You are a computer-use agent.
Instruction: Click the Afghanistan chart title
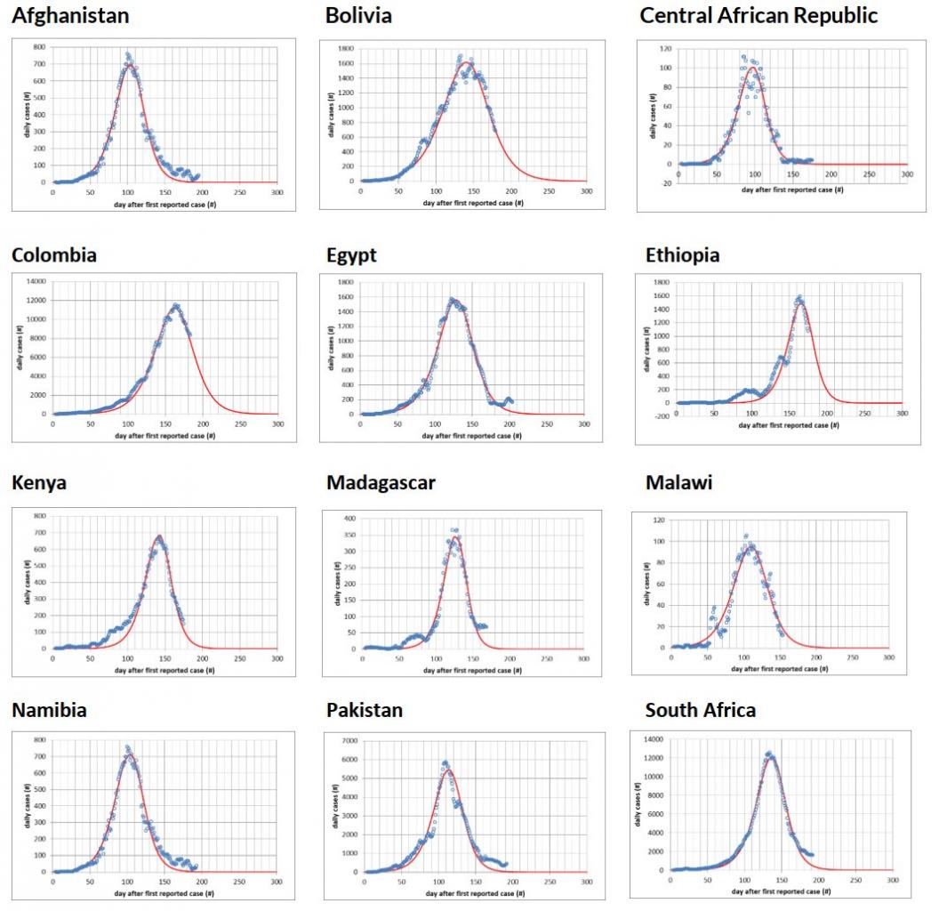[70, 15]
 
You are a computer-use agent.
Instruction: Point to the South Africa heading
[701, 709]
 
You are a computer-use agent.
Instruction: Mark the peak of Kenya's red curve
[159, 536]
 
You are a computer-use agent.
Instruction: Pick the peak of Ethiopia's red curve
[800, 302]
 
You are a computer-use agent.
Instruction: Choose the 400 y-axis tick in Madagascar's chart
[352, 518]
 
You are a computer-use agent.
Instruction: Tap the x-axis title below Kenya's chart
[164, 670]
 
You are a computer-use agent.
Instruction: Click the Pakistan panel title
[365, 710]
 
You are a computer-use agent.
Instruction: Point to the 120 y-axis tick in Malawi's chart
[660, 520]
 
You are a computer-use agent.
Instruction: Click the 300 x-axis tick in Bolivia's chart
[585, 190]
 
